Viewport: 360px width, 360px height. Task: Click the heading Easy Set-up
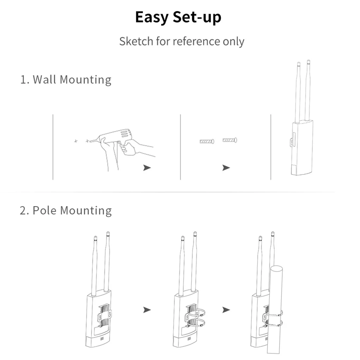(x=178, y=18)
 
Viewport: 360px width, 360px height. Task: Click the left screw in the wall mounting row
(x=207, y=142)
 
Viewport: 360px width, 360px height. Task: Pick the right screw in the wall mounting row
(x=230, y=140)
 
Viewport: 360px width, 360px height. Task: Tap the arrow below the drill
(x=147, y=168)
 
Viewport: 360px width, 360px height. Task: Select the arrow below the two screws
(x=226, y=168)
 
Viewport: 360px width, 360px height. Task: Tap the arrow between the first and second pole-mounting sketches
(x=147, y=310)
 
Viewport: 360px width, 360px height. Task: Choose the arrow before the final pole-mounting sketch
(x=226, y=310)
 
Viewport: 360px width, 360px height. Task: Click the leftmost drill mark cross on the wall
(x=76, y=141)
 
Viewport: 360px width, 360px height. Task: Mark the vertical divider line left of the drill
(x=53, y=146)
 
